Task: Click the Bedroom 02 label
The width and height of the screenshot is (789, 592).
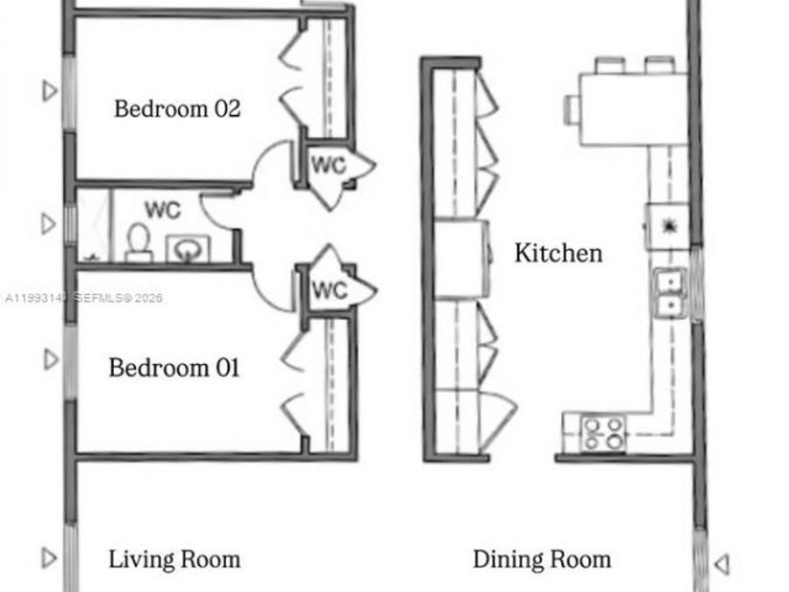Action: tap(177, 110)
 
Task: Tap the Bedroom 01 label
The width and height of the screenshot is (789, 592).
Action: tap(174, 367)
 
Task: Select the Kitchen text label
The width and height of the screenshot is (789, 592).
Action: tap(558, 253)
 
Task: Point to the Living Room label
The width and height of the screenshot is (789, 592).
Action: tap(174, 559)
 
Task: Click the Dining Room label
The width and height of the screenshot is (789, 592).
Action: tap(542, 559)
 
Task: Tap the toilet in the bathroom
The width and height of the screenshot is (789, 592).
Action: tap(139, 243)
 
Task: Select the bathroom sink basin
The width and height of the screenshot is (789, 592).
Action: tap(186, 250)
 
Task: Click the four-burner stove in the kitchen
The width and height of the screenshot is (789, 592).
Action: tap(604, 432)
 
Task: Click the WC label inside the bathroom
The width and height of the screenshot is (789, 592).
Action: tap(162, 210)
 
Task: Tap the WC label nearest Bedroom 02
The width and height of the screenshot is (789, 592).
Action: tap(329, 165)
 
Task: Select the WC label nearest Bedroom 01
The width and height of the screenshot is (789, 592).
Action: tap(330, 289)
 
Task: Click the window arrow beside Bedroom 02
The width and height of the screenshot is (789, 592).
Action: tap(50, 89)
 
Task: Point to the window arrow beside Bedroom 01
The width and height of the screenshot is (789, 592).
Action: tap(51, 360)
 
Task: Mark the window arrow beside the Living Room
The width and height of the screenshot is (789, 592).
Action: tap(50, 557)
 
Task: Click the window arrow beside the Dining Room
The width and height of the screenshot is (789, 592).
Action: tap(721, 564)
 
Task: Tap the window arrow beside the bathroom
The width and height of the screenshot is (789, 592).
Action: tap(50, 225)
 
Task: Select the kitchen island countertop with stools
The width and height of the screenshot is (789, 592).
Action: tap(631, 108)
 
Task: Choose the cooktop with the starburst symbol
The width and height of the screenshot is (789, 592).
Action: tap(668, 225)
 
